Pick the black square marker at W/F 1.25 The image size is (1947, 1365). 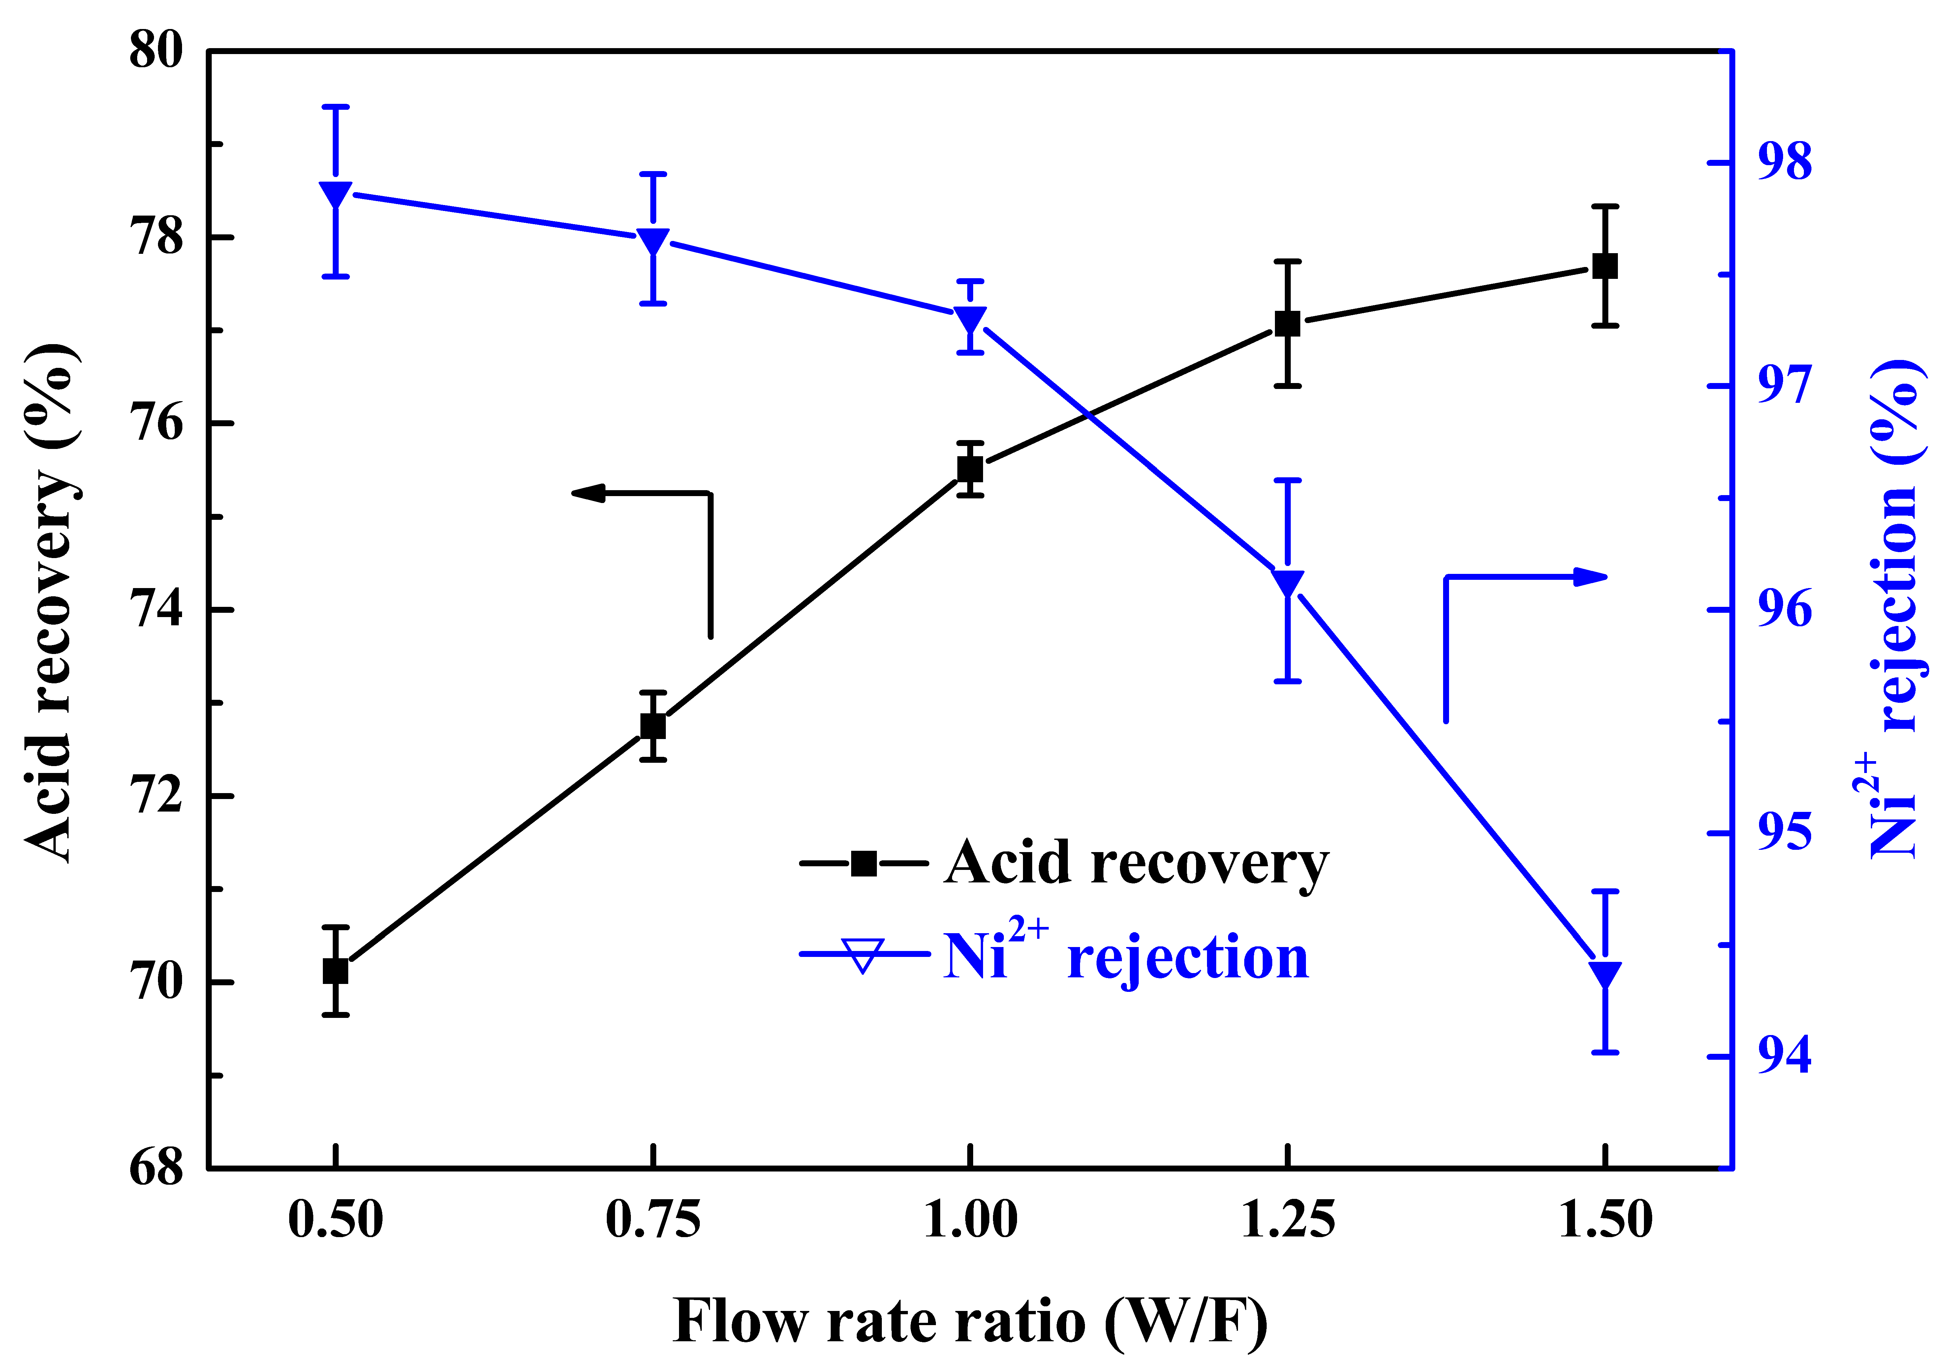pos(1287,324)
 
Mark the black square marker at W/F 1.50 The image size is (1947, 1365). pos(1604,265)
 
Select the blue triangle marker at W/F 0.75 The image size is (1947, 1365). pos(653,241)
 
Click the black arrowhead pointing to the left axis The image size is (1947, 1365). pos(589,492)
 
